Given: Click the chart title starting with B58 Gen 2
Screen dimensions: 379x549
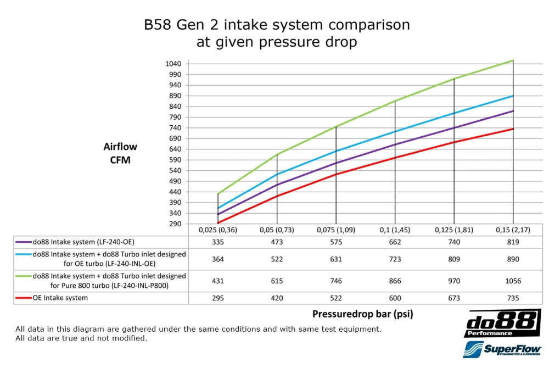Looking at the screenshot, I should [x=276, y=33].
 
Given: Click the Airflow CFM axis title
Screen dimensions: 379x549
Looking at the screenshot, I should [x=120, y=154].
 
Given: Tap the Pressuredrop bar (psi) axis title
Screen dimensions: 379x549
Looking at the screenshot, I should [x=362, y=314].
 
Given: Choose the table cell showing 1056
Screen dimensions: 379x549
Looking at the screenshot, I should [x=513, y=281].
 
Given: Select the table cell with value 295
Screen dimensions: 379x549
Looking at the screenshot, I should [x=218, y=298].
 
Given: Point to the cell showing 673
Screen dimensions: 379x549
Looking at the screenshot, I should [x=454, y=298].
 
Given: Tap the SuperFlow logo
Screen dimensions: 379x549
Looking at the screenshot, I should [x=502, y=350].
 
